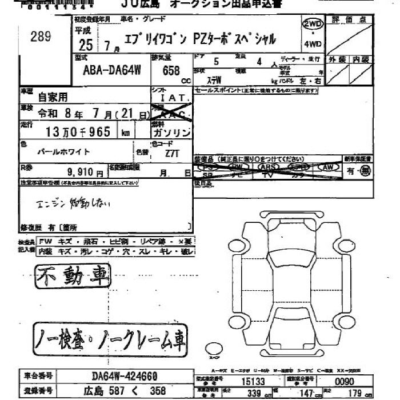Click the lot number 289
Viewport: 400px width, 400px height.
(41, 37)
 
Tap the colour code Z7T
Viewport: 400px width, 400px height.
(167, 154)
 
